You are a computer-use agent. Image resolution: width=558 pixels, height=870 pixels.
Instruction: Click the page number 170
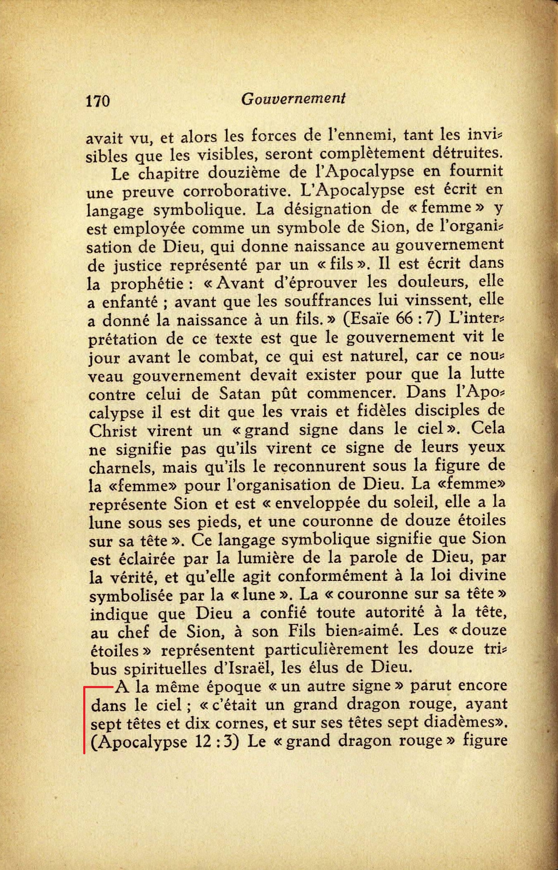[x=98, y=101]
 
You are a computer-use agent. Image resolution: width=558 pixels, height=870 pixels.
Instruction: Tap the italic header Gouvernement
[x=293, y=99]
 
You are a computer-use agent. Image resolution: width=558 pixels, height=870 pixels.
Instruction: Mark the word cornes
[x=237, y=724]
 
